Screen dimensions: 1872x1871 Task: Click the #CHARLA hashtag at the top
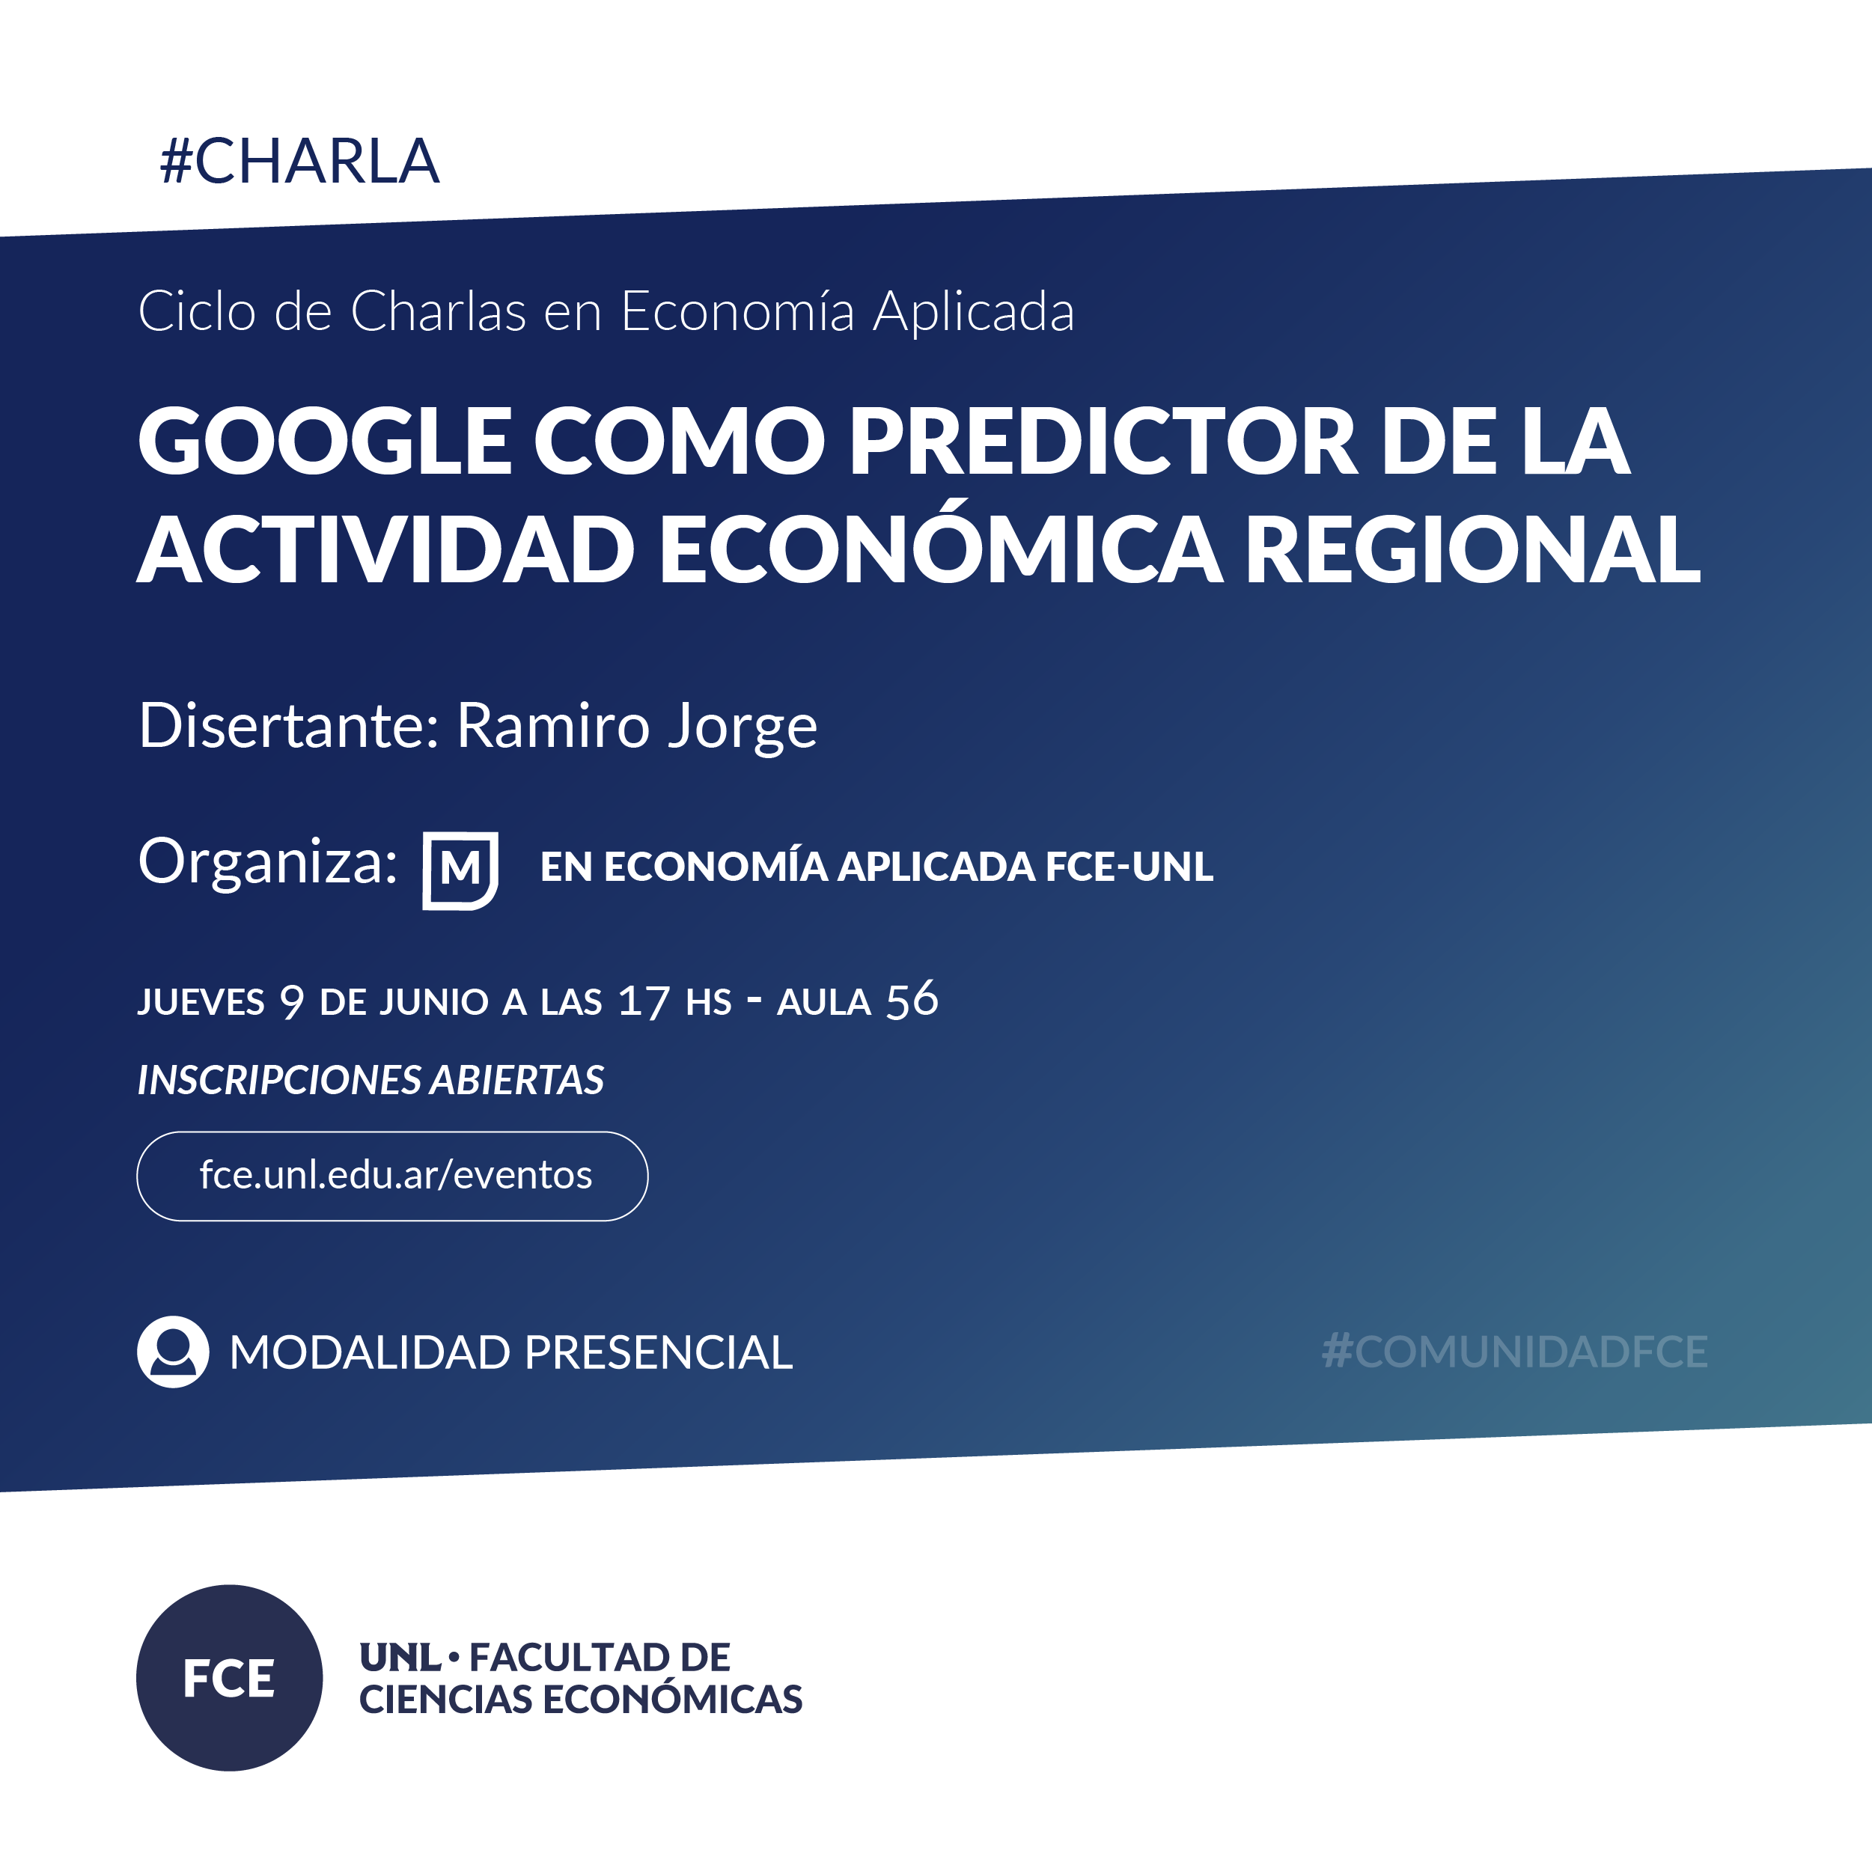[299, 161]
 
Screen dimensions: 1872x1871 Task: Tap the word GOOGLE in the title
[325, 441]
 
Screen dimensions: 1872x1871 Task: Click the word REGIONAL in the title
[1473, 549]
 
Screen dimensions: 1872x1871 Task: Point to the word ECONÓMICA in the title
[940, 543]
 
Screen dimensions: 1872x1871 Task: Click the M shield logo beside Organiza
[460, 870]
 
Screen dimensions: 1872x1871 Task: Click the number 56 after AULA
[912, 1000]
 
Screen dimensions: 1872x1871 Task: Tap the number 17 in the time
[644, 1002]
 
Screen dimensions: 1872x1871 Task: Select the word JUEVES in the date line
[201, 1002]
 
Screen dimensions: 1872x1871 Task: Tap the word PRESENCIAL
[658, 1352]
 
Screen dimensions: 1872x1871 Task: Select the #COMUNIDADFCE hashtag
[1514, 1352]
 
